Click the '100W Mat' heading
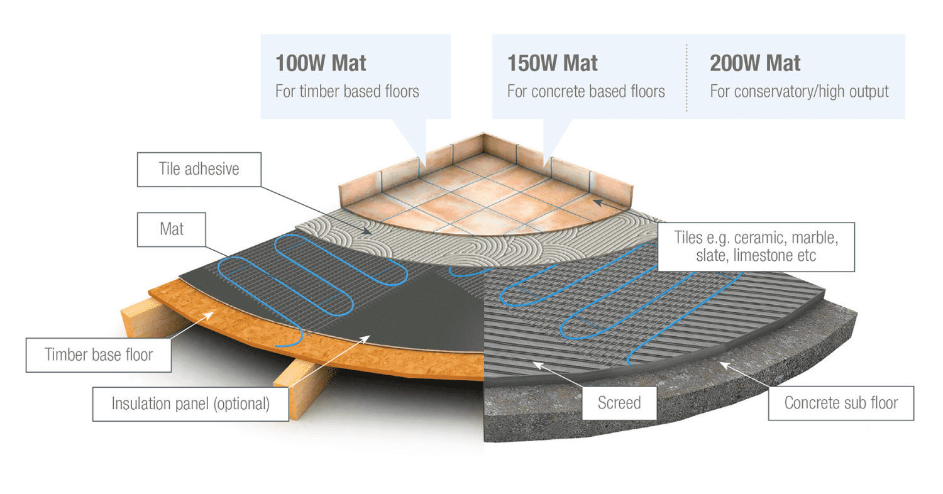click(321, 63)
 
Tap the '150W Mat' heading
click(552, 63)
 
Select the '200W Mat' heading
click(755, 63)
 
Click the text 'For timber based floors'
click(347, 91)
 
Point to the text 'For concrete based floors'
click(586, 91)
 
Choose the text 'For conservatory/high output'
click(799, 91)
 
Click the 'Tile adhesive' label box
click(198, 169)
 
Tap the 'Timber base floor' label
click(99, 354)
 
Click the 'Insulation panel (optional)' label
click(190, 403)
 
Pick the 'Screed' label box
click(619, 402)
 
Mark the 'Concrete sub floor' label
click(841, 402)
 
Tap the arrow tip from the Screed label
click(534, 363)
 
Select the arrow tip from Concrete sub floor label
click(720, 361)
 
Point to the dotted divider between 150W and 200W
click(687, 77)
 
